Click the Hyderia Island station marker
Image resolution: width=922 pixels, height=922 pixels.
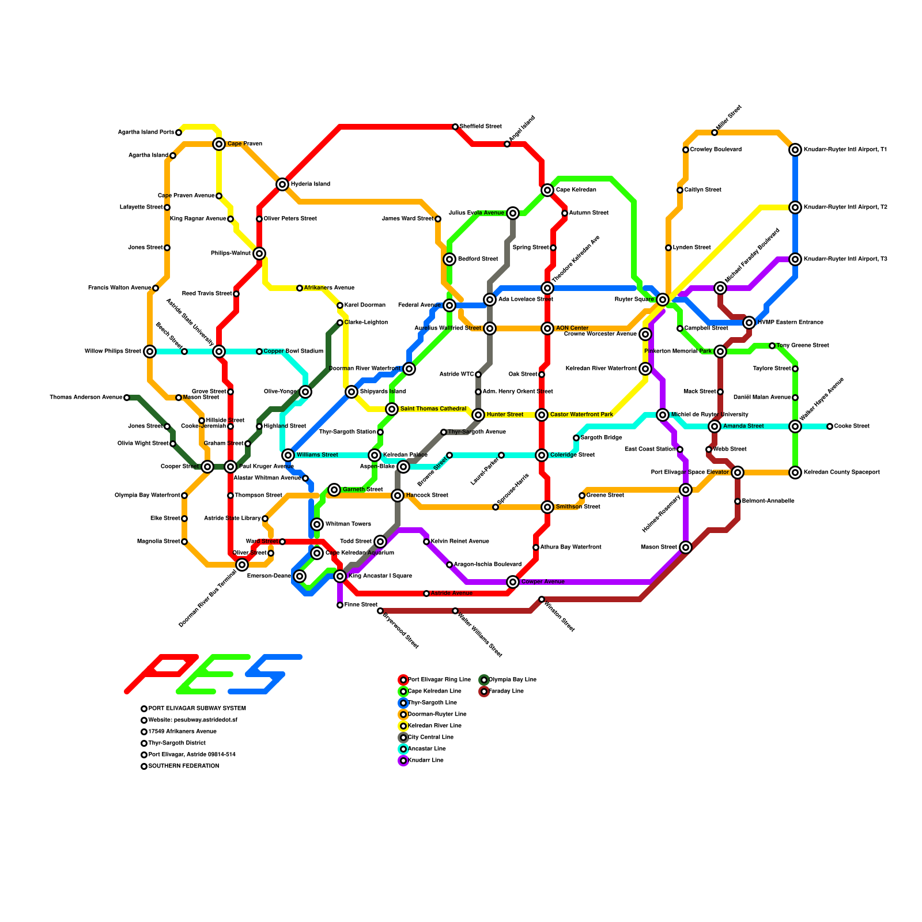282,184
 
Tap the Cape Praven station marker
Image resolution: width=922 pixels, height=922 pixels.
219,144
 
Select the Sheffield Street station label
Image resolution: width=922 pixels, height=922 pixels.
481,127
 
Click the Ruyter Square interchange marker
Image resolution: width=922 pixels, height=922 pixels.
663,300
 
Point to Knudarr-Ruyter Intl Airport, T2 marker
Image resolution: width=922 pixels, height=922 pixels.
795,207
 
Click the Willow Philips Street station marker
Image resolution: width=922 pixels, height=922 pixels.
150,352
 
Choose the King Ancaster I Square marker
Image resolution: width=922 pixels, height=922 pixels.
340,576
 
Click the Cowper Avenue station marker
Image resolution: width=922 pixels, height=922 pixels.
513,582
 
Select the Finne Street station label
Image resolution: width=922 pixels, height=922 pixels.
361,605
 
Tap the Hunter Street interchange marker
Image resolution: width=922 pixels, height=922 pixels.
478,415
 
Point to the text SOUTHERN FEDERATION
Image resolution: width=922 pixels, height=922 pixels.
183,766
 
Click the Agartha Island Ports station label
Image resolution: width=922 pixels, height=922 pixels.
146,133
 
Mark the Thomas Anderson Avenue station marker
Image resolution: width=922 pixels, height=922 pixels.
127,398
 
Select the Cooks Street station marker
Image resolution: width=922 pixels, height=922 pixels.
830,426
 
